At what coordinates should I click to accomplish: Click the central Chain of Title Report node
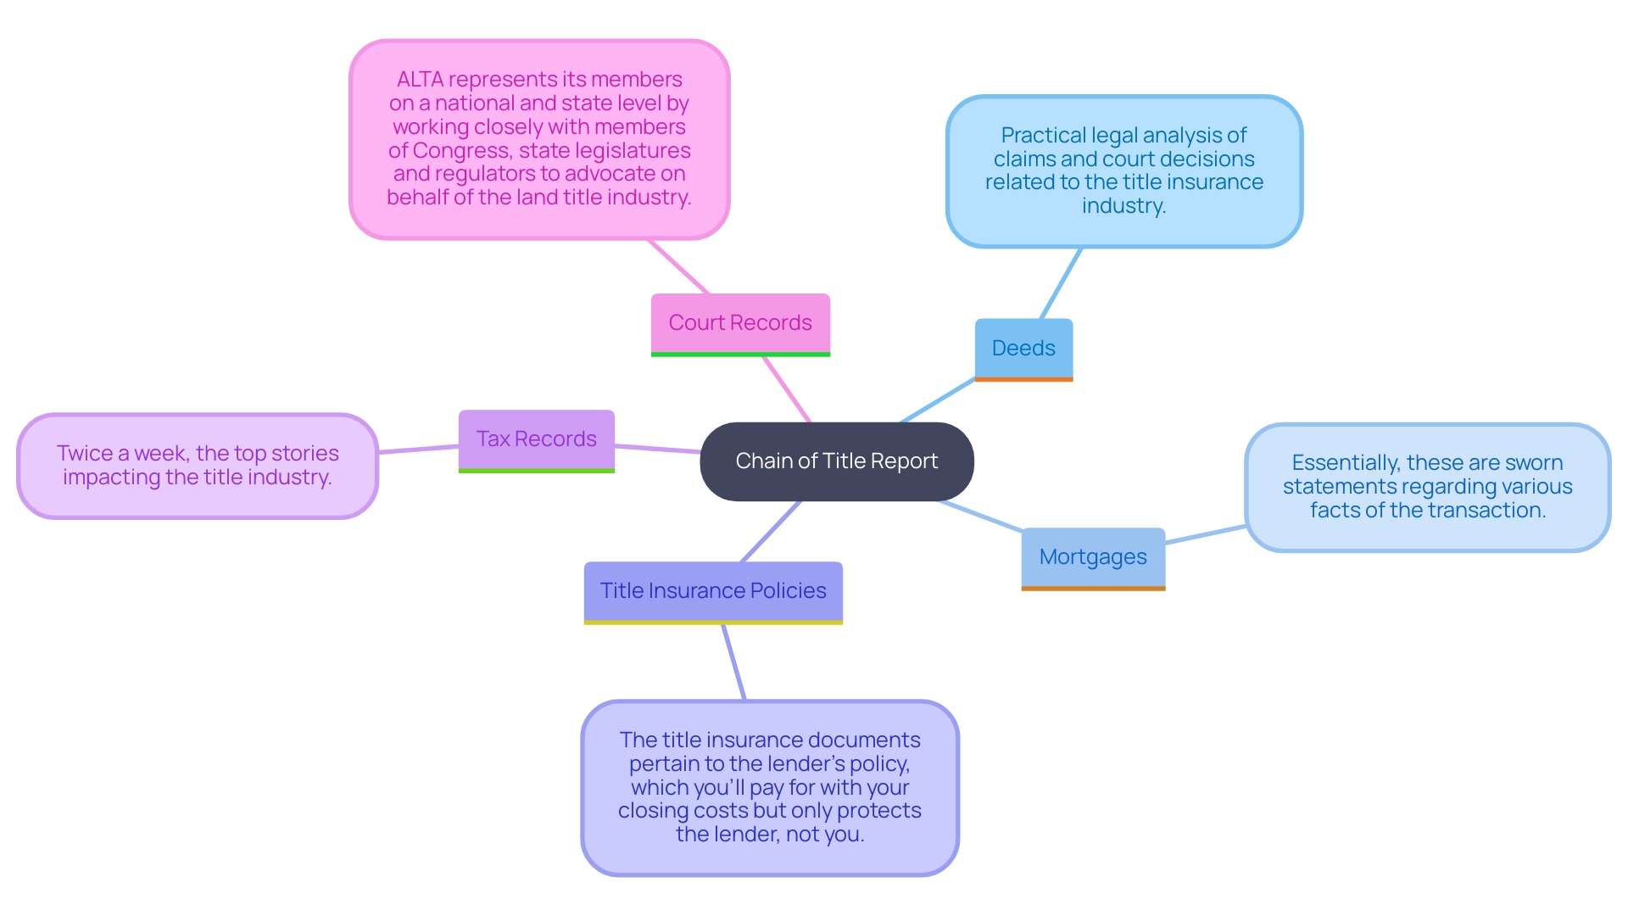836,461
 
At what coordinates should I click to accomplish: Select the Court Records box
739,322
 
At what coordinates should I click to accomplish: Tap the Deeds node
1023,348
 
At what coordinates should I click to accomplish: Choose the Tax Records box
536,438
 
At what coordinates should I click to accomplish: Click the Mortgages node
1093,556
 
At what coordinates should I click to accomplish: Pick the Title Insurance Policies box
712,590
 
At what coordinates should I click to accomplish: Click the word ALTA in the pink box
420,80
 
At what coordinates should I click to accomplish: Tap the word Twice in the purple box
85,454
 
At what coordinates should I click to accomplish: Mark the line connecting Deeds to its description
1061,283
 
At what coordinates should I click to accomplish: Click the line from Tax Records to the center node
657,449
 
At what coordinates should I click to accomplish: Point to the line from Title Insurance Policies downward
733,662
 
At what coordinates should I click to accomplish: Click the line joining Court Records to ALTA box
678,266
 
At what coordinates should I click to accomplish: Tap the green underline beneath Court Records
739,355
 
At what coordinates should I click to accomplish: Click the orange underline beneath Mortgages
1093,588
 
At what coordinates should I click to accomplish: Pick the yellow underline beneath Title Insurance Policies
712,623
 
